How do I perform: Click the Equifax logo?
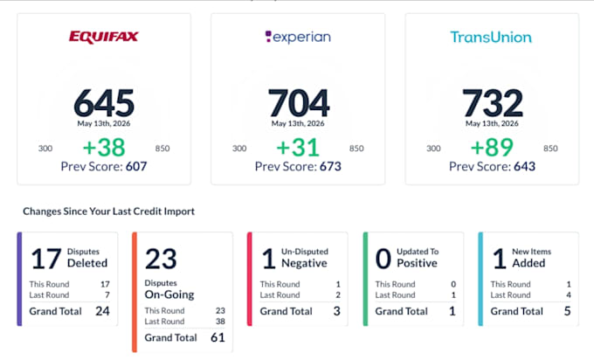(103, 37)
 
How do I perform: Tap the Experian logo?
(298, 37)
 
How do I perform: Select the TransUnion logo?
(491, 38)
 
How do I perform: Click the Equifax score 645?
(104, 103)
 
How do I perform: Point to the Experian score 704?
(299, 103)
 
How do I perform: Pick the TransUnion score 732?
(493, 103)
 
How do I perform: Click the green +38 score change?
(104, 147)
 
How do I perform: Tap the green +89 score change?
(492, 147)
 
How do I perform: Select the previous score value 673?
(330, 166)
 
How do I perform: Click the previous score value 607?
(136, 166)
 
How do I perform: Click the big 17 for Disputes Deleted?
(46, 259)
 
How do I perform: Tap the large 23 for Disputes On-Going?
(161, 259)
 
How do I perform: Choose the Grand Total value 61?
(218, 337)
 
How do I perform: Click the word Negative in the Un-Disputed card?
(304, 263)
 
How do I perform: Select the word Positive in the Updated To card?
(417, 263)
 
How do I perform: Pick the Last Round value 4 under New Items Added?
(569, 294)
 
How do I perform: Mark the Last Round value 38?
(220, 322)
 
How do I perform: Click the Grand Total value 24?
(103, 311)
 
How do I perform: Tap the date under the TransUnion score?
(492, 123)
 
